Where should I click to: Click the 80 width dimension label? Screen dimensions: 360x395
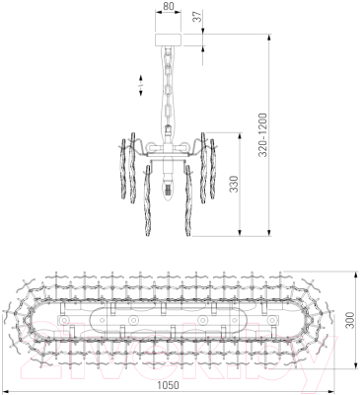coord(168,6)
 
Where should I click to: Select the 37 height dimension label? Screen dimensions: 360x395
coord(196,17)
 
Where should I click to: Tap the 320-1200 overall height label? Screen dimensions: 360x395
coord(262,135)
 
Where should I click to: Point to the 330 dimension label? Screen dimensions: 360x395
coord(233,184)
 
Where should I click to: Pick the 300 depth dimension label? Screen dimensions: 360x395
coord(350,320)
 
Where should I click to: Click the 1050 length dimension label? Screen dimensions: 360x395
coord(169,385)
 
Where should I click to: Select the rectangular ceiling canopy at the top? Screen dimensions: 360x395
coord(169,39)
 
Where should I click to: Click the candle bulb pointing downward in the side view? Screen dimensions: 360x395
coord(168,188)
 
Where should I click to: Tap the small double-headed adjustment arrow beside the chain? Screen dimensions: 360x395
coord(140,86)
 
